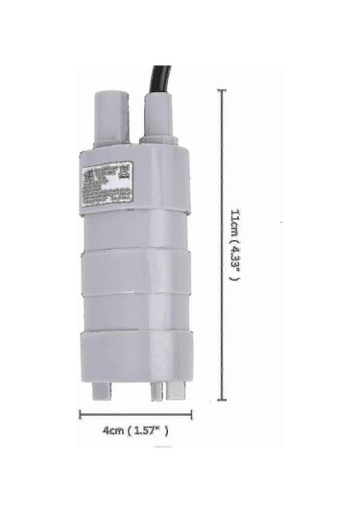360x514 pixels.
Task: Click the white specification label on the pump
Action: [x=105, y=184]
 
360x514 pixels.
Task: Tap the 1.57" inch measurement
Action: [x=151, y=431]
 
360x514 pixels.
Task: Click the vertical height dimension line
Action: [x=223, y=240]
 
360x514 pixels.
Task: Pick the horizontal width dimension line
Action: [x=134, y=415]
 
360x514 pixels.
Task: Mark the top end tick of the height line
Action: [x=223, y=90]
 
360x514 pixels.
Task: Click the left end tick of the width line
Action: [x=79, y=415]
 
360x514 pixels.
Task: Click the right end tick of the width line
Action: [x=192, y=415]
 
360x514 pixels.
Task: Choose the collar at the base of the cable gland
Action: [x=160, y=140]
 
